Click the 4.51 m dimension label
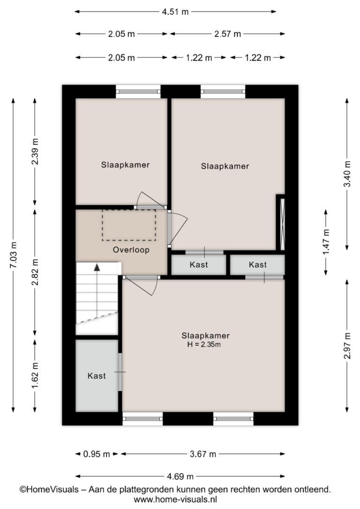pos(175,12)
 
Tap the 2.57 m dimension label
pos(227,34)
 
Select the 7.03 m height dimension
pos(14,255)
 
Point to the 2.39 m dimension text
pos(35,151)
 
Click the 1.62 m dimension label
pos(35,375)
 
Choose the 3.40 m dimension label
pos(347,174)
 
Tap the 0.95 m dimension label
pos(97,454)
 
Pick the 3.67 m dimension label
pos(203,454)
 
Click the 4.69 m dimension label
pos(180,477)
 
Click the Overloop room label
pos(131,250)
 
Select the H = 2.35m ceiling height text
pos(204,345)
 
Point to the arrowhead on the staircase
pos(97,267)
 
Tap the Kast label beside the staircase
pos(97,376)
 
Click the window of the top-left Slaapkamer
pos(138,91)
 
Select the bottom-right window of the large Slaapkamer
pos(233,419)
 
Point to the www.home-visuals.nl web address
pos(175,500)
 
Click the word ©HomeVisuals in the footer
pos(49,489)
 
